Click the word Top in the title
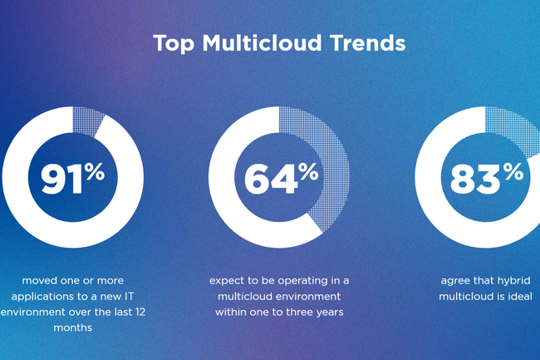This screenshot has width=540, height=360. pyautogui.click(x=174, y=43)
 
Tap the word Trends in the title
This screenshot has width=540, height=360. pyautogui.click(x=367, y=42)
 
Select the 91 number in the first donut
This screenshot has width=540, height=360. pyautogui.click(x=62, y=179)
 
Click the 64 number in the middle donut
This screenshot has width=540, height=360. pyautogui.click(x=271, y=179)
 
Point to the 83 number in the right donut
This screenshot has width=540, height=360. pyautogui.click(x=475, y=179)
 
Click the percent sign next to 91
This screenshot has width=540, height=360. pyautogui.click(x=95, y=171)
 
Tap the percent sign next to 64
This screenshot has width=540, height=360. pyautogui.click(x=308, y=171)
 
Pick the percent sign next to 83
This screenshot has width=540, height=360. pyautogui.click(x=513, y=171)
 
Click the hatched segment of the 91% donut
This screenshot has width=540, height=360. pyautogui.click(x=87, y=121)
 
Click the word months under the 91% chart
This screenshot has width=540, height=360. pyautogui.click(x=72, y=328)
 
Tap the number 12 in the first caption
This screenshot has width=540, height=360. pyautogui.click(x=140, y=312)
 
